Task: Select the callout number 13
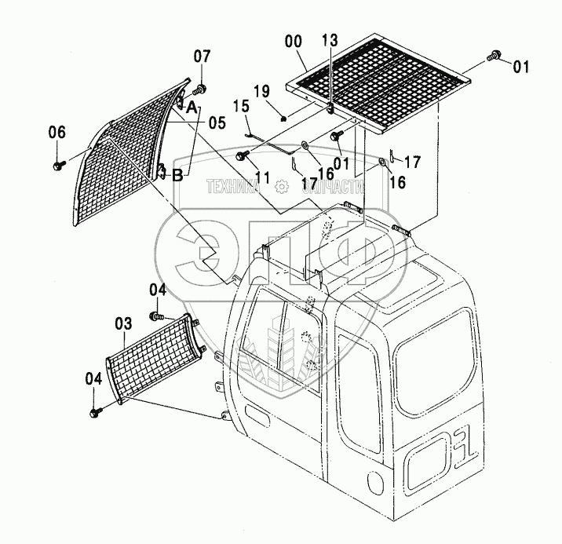[330, 41]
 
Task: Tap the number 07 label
[203, 57]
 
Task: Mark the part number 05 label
[216, 122]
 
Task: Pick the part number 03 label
[123, 323]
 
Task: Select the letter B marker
[177, 176]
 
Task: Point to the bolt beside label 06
[59, 166]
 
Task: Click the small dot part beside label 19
[284, 119]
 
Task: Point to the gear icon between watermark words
[282, 187]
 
